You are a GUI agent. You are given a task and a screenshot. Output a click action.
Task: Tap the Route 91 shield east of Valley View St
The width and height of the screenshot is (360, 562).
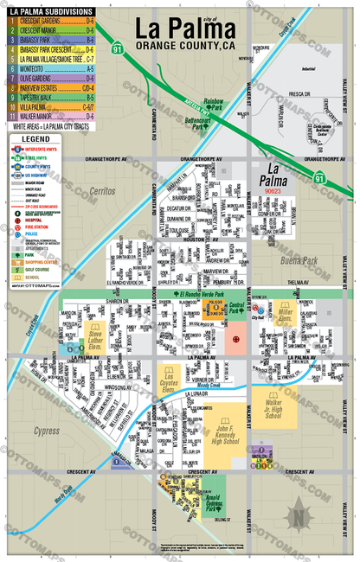click(x=319, y=177)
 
